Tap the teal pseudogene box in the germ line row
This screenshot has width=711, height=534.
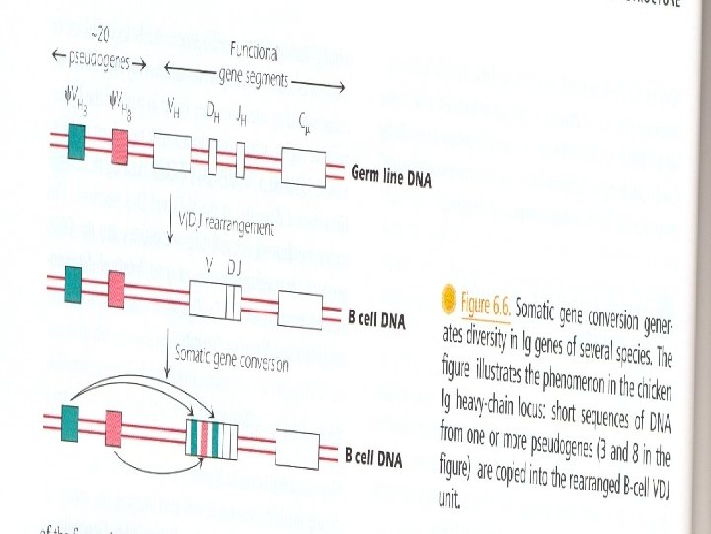pyautogui.click(x=77, y=143)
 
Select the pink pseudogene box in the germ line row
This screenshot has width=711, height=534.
pyautogui.click(x=119, y=147)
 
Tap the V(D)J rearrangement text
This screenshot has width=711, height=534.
pyautogui.click(x=225, y=224)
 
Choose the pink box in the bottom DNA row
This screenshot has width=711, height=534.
pyautogui.click(x=113, y=426)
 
